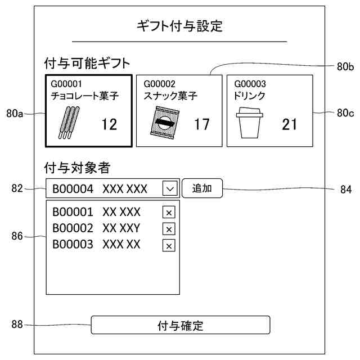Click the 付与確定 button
click(181, 325)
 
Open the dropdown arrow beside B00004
click(169, 188)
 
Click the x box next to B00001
click(169, 212)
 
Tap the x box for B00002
click(169, 228)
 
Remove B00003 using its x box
click(169, 245)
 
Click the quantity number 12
click(109, 124)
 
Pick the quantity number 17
click(201, 124)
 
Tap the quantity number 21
click(289, 124)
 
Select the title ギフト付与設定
click(180, 26)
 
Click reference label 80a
click(15, 114)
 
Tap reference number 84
click(345, 190)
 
